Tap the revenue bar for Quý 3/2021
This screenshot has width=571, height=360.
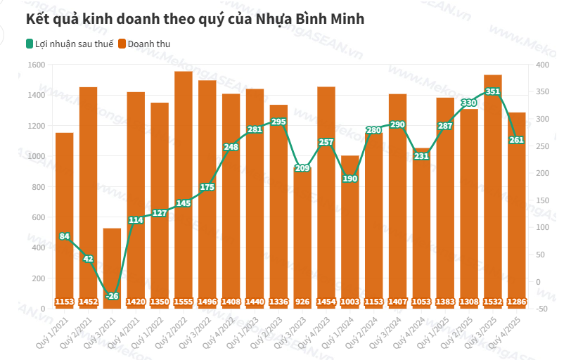(x=112, y=267)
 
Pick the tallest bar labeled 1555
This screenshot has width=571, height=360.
(x=184, y=190)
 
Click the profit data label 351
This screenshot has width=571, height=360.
(x=493, y=91)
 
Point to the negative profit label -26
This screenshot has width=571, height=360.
(x=112, y=296)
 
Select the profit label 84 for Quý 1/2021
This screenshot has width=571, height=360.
(x=65, y=236)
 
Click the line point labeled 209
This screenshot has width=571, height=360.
(x=302, y=168)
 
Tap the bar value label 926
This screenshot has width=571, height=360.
(x=302, y=302)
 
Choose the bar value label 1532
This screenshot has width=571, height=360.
(x=493, y=302)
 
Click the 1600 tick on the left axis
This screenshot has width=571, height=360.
(x=37, y=65)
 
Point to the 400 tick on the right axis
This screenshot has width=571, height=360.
(x=541, y=65)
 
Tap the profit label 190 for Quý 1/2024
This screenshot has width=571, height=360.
(x=350, y=179)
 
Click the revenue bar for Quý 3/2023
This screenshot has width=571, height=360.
(x=302, y=239)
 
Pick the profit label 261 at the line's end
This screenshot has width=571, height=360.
(x=517, y=140)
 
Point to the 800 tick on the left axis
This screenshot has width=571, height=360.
(x=39, y=187)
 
